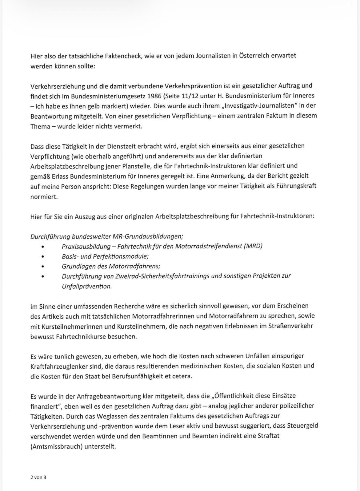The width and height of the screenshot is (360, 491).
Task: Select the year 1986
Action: click(x=154, y=96)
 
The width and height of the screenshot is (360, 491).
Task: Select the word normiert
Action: click(x=44, y=196)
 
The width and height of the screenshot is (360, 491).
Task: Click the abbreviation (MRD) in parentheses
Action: click(x=253, y=246)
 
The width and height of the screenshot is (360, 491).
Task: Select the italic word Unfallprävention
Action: click(x=87, y=286)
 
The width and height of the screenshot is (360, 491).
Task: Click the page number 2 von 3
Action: click(x=38, y=477)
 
